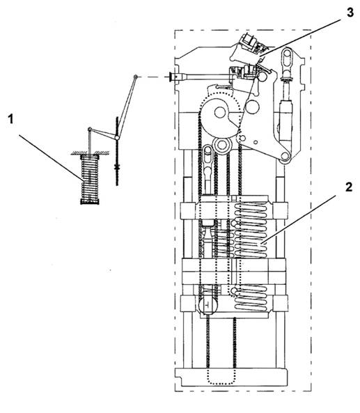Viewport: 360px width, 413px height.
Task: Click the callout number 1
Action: point(10,119)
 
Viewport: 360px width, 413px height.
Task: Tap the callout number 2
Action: point(348,187)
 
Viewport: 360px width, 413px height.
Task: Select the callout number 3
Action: point(350,12)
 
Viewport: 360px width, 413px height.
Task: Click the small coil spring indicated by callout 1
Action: point(90,180)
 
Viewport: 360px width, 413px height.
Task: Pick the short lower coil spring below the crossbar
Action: point(250,298)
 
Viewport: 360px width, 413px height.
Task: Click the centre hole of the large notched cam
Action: point(220,112)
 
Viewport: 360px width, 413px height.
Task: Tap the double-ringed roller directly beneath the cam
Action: point(222,145)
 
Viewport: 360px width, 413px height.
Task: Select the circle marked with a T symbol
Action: point(208,306)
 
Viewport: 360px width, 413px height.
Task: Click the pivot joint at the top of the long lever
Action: point(136,77)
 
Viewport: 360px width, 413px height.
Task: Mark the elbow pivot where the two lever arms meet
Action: point(118,137)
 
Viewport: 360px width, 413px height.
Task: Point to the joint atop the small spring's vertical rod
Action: point(90,129)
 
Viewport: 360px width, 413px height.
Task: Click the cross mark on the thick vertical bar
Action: point(117,166)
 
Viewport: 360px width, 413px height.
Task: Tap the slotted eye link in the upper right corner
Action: point(287,59)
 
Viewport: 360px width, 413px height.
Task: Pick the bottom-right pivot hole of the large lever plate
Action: point(284,156)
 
